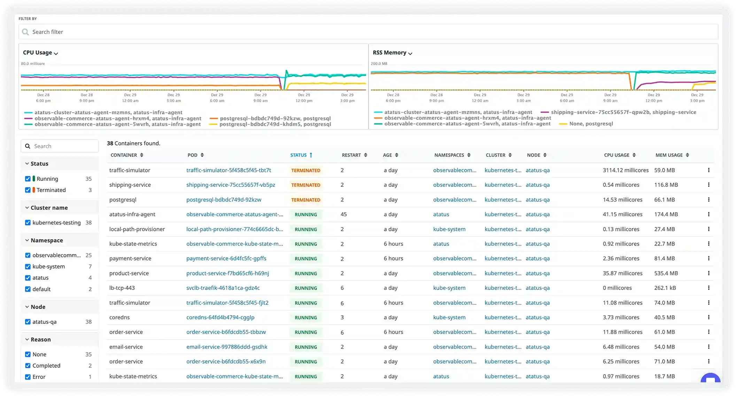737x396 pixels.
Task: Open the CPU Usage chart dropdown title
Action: click(x=40, y=53)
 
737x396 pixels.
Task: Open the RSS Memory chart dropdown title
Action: click(x=392, y=53)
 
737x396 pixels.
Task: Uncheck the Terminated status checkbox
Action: click(x=28, y=190)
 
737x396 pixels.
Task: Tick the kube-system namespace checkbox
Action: click(x=28, y=267)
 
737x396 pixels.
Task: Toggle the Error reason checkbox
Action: click(x=28, y=377)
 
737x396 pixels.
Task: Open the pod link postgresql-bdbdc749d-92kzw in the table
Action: click(x=224, y=200)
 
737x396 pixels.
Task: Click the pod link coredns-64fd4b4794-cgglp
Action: click(x=220, y=318)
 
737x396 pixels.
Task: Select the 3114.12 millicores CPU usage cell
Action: click(x=626, y=170)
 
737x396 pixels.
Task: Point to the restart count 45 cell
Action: click(x=344, y=214)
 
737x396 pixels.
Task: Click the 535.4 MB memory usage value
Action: click(x=666, y=273)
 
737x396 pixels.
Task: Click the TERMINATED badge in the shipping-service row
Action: click(x=305, y=185)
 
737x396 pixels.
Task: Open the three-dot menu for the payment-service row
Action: click(x=708, y=258)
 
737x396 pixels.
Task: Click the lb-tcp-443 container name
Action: click(x=122, y=288)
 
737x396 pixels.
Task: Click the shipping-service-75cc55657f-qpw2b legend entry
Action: click(x=623, y=112)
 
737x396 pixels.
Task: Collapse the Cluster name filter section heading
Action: click(x=49, y=208)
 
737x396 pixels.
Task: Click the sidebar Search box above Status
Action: click(x=60, y=146)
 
